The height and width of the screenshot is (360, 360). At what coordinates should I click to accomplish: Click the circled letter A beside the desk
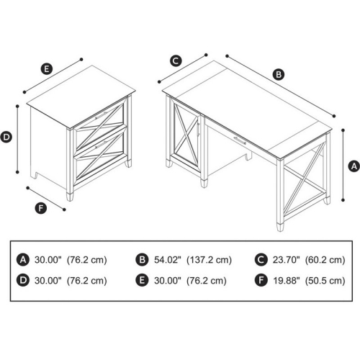[353, 166]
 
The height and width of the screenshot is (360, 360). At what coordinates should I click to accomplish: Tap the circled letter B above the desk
[278, 73]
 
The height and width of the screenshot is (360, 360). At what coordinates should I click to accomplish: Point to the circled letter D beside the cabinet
[6, 136]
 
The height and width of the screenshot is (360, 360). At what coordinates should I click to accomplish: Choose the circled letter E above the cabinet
[46, 69]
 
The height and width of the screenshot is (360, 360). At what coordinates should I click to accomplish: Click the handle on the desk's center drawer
[240, 143]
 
